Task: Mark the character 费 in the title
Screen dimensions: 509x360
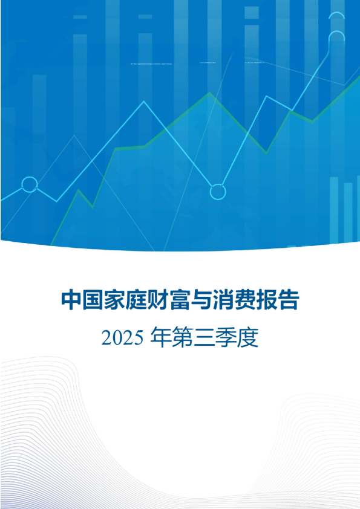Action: [246, 299]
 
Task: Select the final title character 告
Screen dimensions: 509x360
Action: [289, 299]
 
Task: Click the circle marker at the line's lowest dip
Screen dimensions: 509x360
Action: [217, 192]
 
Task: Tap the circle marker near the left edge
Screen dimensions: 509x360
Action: [29, 184]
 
